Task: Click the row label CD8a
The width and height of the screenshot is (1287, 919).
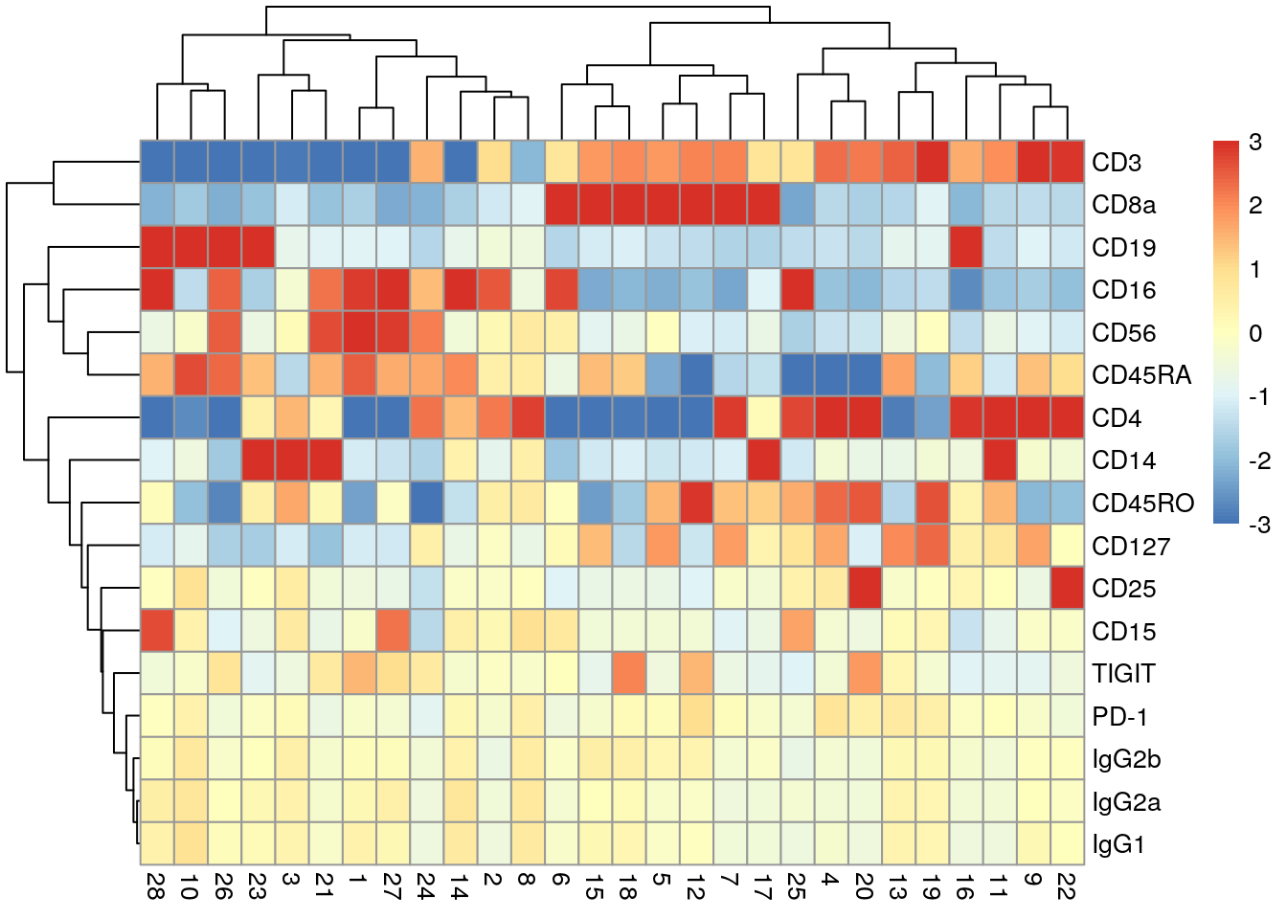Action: click(x=1123, y=205)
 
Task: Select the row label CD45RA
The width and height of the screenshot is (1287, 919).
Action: click(x=1140, y=375)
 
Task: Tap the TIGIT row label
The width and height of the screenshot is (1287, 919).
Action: click(x=1123, y=674)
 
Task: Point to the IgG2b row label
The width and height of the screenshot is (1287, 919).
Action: click(x=1126, y=759)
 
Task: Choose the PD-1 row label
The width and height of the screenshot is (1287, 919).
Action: click(x=1119, y=717)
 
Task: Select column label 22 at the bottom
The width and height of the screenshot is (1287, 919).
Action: click(x=1068, y=885)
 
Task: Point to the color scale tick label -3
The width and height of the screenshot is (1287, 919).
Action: click(x=1259, y=525)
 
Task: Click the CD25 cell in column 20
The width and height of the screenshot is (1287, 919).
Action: click(x=865, y=589)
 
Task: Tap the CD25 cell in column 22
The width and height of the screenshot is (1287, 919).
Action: click(x=1068, y=589)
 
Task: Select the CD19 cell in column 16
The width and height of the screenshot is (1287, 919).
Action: click(x=966, y=247)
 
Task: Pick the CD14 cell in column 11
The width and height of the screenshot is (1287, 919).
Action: click(x=1001, y=460)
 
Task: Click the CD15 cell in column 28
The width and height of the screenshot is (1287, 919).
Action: click(x=157, y=631)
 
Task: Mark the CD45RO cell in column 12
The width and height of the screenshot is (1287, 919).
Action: click(x=696, y=504)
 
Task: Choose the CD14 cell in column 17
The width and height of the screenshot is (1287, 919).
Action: click(x=764, y=460)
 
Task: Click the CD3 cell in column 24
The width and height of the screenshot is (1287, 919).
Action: click(x=427, y=162)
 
